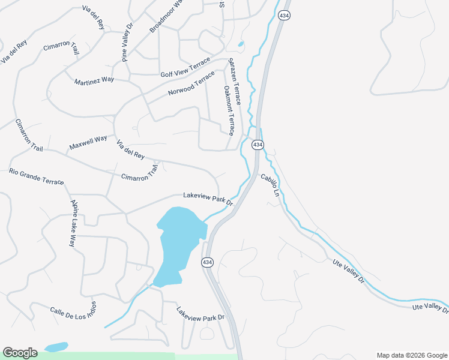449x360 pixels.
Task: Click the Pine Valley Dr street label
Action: point(127,43)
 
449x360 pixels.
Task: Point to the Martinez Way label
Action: point(94,80)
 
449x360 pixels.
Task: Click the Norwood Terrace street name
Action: point(191,85)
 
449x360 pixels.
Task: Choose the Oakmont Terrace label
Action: point(228,110)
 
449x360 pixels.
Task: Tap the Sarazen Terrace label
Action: point(234,82)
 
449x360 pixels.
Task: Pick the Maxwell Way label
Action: point(88,142)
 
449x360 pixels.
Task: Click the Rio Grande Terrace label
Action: point(36,177)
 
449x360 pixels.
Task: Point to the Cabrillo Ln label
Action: point(270,185)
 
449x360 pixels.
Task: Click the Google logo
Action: point(20,353)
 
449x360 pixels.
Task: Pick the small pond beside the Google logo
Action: point(55,347)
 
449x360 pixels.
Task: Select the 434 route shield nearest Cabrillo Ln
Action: point(257,145)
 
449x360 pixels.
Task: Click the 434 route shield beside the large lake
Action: point(207,262)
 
